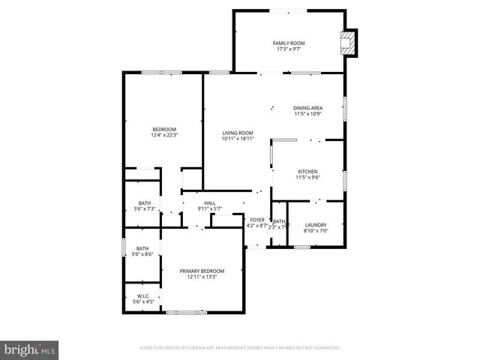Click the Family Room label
point(288,43)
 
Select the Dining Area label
point(307,108)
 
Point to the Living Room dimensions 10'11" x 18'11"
point(238,139)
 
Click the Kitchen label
point(307,172)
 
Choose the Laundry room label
point(315,225)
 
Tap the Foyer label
point(257,220)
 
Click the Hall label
point(210,202)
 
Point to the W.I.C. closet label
point(142,296)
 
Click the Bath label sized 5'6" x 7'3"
point(143,202)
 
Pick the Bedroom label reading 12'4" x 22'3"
point(164,130)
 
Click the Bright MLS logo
point(30,349)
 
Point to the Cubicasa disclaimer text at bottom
point(240,348)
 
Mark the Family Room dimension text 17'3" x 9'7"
point(288,49)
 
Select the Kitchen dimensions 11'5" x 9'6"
point(307,178)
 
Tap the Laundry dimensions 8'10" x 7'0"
point(315,231)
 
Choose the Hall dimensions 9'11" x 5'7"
point(210,208)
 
